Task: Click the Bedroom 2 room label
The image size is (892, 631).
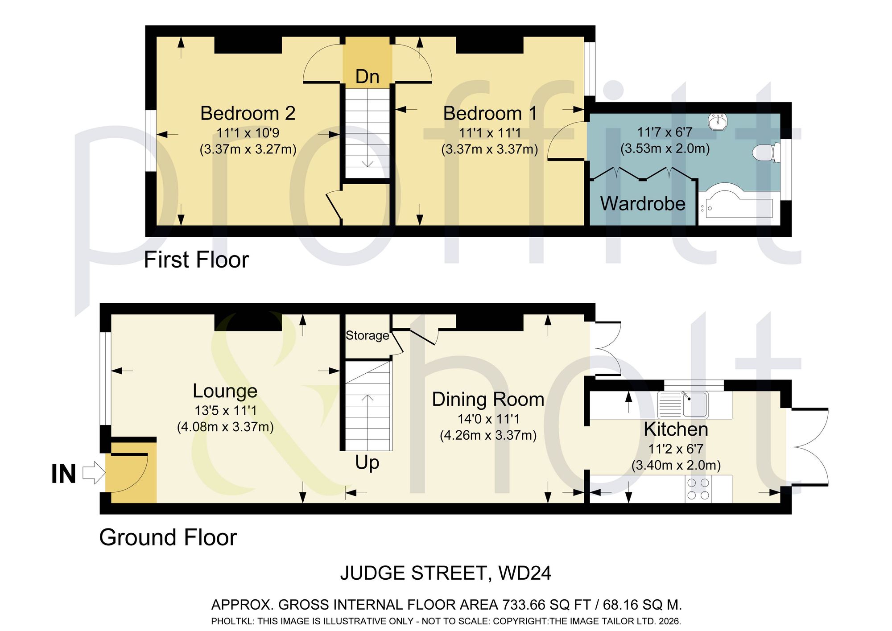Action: click(248, 113)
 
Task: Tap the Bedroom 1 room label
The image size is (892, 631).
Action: click(490, 113)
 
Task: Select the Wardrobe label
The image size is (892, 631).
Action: click(643, 203)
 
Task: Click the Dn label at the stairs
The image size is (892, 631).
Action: click(368, 77)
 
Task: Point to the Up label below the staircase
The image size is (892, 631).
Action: click(367, 463)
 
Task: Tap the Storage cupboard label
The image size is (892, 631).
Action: click(368, 335)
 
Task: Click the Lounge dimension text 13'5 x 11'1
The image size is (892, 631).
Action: click(225, 410)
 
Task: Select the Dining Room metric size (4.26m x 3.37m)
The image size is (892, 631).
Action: click(488, 435)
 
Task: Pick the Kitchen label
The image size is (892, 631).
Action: click(676, 429)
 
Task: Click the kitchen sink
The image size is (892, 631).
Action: click(683, 404)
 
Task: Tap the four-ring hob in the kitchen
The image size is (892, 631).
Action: click(698, 489)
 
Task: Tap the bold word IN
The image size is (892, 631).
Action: click(63, 474)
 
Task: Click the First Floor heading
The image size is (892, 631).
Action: click(196, 260)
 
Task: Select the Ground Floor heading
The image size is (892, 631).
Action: click(168, 537)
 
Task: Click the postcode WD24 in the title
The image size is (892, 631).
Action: click(524, 573)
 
